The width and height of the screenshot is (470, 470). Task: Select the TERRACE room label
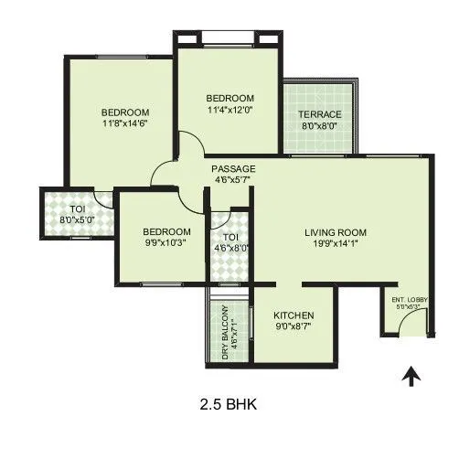point(319,114)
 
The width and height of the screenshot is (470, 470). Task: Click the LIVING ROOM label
point(336,232)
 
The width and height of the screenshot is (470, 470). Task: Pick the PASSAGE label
point(233,169)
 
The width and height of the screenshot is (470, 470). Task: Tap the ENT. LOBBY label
point(410,300)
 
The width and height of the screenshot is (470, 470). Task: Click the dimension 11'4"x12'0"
point(230,111)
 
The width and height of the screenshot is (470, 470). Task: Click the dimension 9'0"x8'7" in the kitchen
point(294,325)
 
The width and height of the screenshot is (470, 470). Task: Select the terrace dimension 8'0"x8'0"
point(319,127)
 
